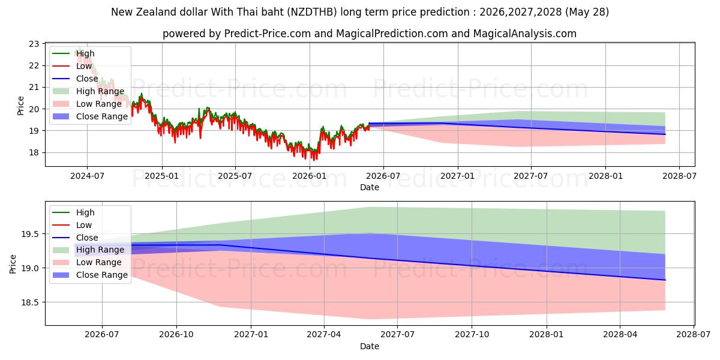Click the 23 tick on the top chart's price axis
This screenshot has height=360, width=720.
(34, 44)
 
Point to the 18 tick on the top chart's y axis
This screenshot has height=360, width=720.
(34, 152)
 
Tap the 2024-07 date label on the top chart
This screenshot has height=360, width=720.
(87, 176)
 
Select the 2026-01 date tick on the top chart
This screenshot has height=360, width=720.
(310, 176)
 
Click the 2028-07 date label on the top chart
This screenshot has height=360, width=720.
(679, 176)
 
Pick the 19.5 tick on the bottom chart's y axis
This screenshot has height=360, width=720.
(30, 235)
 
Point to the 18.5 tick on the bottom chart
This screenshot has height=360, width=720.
(30, 302)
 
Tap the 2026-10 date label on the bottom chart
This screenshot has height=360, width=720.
(176, 335)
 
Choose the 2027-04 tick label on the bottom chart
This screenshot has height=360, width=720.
(324, 335)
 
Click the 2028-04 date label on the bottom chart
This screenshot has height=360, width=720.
(620, 335)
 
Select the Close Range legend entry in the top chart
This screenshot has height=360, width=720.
(91, 116)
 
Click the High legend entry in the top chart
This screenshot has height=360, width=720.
(74, 53)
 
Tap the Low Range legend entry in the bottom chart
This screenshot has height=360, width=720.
(87, 262)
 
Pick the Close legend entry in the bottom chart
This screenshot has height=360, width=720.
(75, 238)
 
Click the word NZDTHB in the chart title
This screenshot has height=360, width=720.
(312, 12)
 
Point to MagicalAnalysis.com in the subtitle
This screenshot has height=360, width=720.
(525, 34)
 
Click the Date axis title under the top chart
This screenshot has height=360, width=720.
(370, 187)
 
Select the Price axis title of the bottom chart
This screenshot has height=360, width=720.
(13, 264)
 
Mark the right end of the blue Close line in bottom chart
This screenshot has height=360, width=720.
(665, 280)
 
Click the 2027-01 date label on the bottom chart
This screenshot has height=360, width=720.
(251, 335)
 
